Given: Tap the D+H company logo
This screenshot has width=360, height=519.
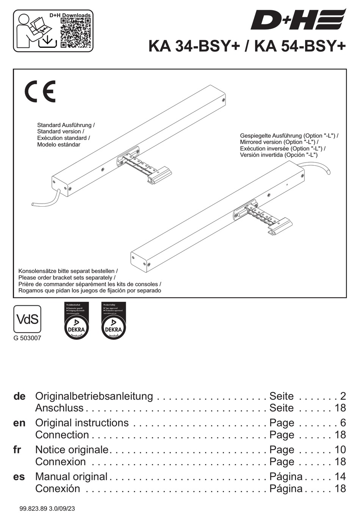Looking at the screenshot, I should pos(298,20).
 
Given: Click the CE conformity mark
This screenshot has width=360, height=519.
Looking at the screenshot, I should pos(40,91).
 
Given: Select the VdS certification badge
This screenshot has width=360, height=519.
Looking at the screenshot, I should pos(27,319).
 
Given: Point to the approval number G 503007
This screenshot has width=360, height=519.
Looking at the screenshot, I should pos(27,338).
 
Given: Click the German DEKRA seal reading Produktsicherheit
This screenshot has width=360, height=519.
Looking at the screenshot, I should pos(77,320).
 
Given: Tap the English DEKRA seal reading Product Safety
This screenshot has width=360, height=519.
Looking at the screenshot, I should pos(113,320).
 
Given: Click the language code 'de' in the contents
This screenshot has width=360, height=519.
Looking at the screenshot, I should pos(19,396).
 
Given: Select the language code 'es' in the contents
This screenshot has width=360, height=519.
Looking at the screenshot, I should pos(19,477).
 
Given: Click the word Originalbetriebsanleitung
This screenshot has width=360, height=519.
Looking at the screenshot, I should pos(94,396).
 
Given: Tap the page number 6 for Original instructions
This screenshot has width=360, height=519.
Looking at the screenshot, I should pos(343,423).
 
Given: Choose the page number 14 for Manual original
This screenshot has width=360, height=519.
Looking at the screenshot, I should pos(340,477).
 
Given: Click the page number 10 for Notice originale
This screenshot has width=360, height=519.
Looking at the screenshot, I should pos(340,450).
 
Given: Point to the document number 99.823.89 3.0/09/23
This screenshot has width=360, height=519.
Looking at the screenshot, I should pos(47,508).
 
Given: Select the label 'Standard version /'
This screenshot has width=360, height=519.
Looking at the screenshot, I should pos(61,132).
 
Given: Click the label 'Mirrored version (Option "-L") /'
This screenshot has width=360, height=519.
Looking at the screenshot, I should pos(279,142).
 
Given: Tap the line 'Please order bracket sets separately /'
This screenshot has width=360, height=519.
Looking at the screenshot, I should pos(67,278).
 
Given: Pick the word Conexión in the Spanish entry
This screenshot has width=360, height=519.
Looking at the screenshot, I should pos(58,489).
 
